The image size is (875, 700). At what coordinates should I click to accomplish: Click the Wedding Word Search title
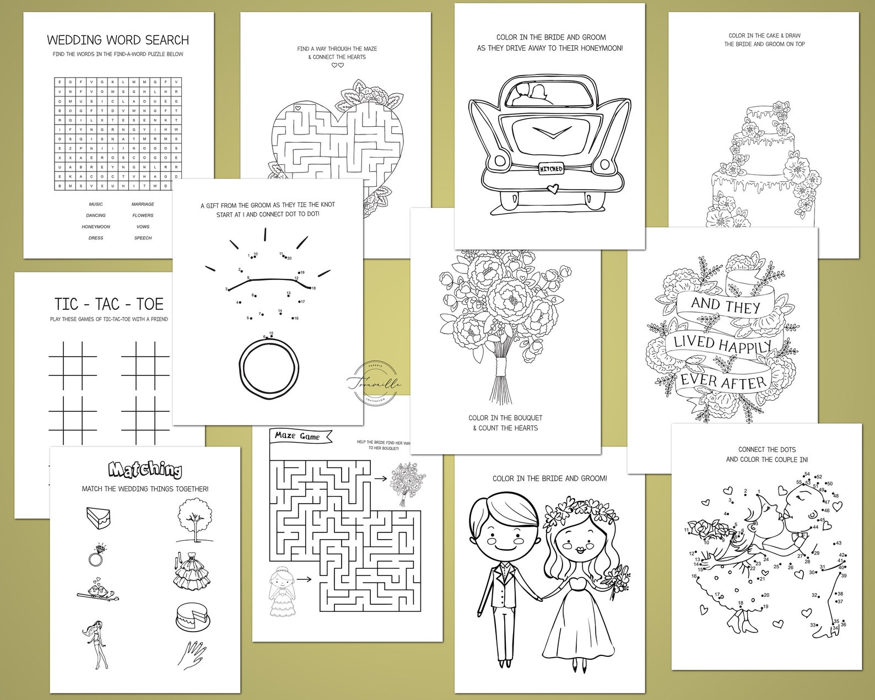[118, 40]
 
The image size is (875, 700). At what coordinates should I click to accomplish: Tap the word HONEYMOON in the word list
[96, 227]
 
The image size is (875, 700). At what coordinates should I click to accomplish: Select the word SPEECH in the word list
[143, 238]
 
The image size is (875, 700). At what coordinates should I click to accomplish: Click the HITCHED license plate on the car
[549, 169]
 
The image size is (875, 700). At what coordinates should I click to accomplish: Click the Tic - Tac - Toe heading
[109, 304]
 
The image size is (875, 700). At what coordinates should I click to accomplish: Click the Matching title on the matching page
[145, 470]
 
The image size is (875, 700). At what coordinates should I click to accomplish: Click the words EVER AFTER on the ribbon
[722, 381]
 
